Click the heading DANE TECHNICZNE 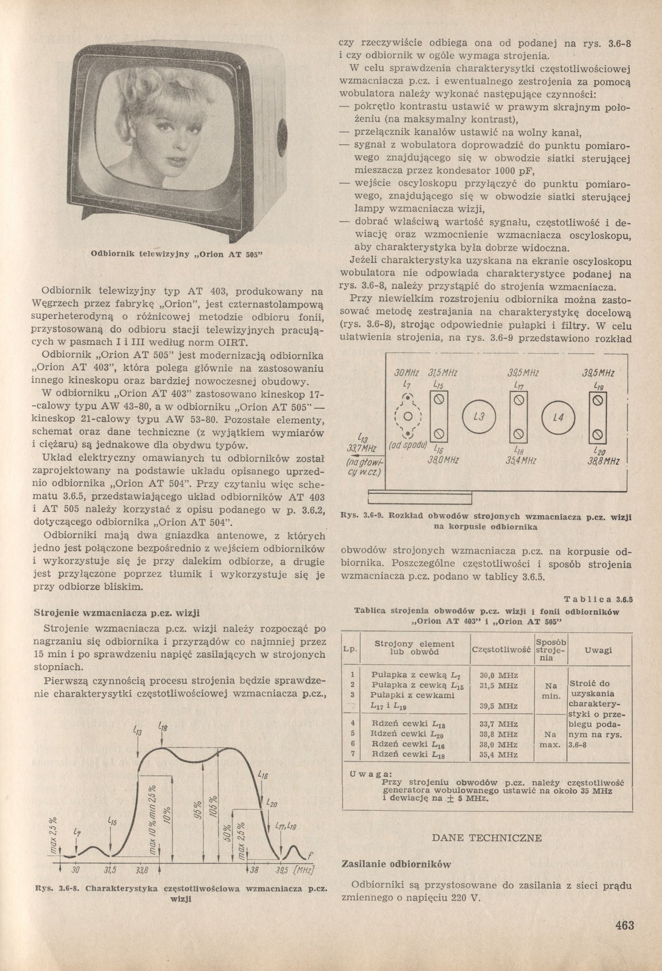click(x=487, y=838)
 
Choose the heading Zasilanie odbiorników click(x=395, y=864)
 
